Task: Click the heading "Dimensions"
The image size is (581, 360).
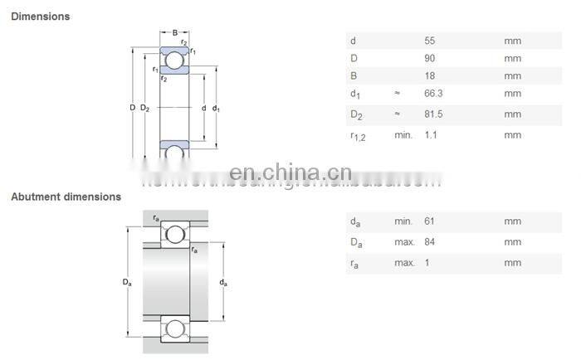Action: [x=40, y=17]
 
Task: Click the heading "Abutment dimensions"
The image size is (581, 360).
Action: [x=66, y=197]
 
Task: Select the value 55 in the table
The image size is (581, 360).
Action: [x=430, y=41]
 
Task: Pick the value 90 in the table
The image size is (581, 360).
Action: [x=430, y=59]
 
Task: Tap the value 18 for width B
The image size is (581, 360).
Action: [x=430, y=77]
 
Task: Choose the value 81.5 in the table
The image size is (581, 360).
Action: [x=433, y=114]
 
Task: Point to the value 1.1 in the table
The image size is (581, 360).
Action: [x=430, y=134]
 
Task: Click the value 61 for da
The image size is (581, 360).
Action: [x=430, y=221]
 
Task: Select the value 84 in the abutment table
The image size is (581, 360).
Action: [x=430, y=242]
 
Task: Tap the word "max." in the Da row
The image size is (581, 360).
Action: [x=404, y=242]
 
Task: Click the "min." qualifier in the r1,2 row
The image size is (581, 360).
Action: [x=403, y=134]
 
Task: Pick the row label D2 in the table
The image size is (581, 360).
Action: [x=356, y=115]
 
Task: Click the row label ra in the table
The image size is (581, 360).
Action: [x=355, y=264]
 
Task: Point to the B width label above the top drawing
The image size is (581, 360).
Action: [x=174, y=34]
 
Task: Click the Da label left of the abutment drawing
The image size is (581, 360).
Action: [x=126, y=282]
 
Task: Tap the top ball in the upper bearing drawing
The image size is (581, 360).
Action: [x=175, y=60]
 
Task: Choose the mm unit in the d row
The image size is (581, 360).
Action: [x=512, y=41]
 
